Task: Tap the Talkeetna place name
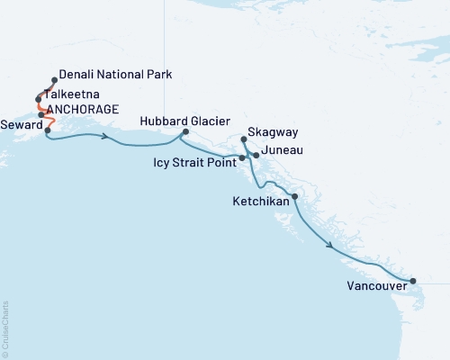tap(75, 94)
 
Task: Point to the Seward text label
tap(20, 125)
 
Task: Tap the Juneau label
tap(281, 154)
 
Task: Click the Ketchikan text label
tap(261, 202)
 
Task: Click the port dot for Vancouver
tap(413, 281)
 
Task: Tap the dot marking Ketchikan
tap(295, 196)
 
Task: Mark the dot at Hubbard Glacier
tap(185, 132)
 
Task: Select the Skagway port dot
tap(244, 139)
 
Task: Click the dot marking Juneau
tap(256, 156)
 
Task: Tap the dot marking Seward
tap(47, 130)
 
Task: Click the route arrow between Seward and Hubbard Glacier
tap(106, 138)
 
